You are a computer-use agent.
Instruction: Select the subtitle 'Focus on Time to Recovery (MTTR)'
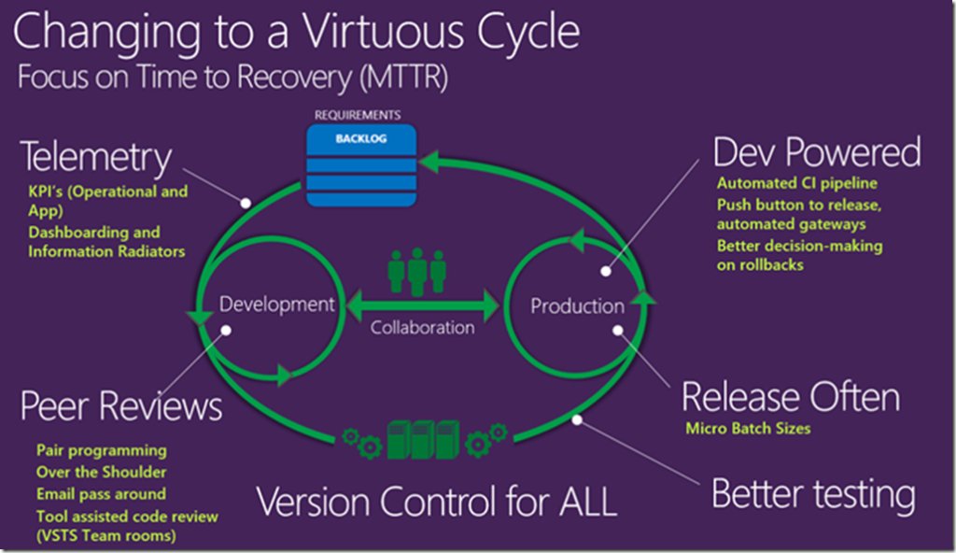coord(232,78)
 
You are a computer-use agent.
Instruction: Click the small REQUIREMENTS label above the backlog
coord(364,115)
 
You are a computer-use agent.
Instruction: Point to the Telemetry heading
coord(95,158)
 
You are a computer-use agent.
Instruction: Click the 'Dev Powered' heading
coord(816,151)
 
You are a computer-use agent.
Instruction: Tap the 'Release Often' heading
coord(790,397)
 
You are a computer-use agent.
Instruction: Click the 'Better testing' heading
coord(813,493)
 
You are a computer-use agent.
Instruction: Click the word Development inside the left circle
coord(276,304)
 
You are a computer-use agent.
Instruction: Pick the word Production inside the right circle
coord(577,306)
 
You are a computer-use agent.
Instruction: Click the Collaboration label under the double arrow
coord(422,328)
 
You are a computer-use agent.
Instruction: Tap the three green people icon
coord(416,271)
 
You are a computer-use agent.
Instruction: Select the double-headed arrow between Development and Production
coord(423,305)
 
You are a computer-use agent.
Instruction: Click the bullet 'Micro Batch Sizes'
coord(747,429)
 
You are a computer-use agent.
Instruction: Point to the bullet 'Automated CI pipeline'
coord(796,184)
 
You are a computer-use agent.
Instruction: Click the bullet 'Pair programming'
coord(102,450)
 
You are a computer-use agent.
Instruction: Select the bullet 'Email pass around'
coord(101,493)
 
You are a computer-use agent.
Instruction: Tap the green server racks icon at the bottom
coord(423,437)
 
